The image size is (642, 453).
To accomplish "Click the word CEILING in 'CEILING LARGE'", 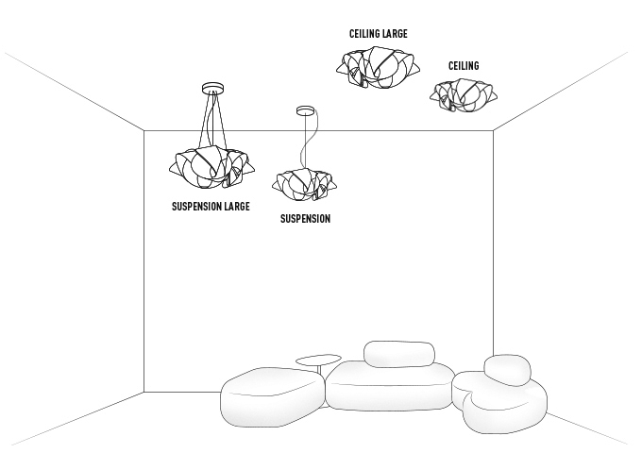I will pos(364,34).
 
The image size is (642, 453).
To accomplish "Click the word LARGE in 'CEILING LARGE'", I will pos(395,34).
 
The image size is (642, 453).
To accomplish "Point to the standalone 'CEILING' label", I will pos(464,66).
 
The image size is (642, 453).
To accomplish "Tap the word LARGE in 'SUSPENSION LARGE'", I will pos(235,206).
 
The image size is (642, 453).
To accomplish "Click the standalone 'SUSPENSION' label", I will pos(305,219).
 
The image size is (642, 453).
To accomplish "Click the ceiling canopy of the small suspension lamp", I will pos(304,110).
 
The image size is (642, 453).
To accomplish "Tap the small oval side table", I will pos(318,359).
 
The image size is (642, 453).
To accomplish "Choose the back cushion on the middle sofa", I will pos(398,354).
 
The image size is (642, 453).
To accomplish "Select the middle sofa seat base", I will pos(389,387).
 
